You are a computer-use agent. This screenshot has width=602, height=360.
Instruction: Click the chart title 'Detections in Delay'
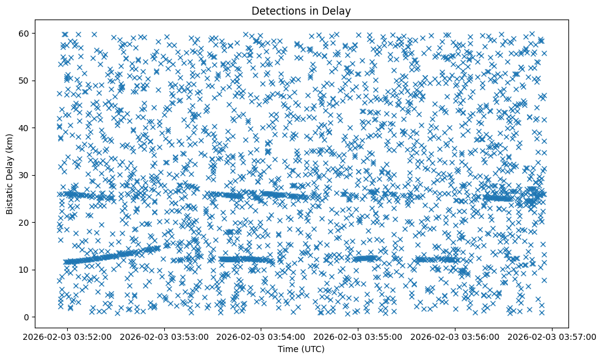pos(301,10)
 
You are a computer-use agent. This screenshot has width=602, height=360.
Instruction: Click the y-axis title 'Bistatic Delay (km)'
pos(10,174)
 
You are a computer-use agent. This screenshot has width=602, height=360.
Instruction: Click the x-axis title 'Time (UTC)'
pos(301,349)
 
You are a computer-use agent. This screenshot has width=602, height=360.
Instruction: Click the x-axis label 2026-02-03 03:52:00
pos(68,337)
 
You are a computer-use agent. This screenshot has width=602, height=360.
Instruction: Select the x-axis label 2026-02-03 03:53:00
pos(165,337)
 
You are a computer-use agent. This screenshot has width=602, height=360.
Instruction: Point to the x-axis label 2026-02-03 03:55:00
pos(358,337)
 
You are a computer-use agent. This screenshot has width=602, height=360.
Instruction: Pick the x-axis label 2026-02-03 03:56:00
pos(455,337)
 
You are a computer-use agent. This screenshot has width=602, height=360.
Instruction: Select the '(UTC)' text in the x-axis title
pos(313,349)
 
